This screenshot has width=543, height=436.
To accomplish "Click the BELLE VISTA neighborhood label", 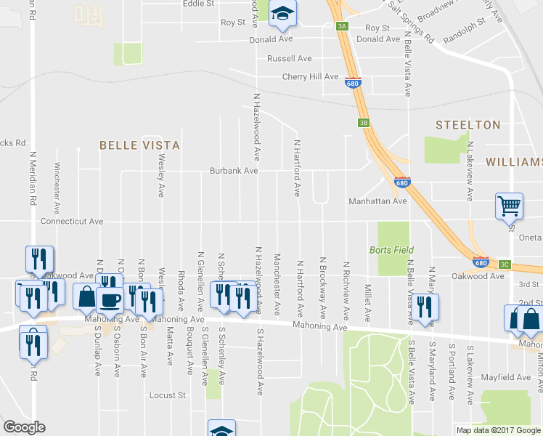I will tap(139, 145).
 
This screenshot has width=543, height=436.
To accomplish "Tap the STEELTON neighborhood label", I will tap(468, 125).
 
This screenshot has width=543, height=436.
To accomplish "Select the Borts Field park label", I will tap(391, 250).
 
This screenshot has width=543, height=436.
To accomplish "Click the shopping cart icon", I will tap(509, 206).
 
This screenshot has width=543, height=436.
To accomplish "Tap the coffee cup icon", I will tap(110, 299).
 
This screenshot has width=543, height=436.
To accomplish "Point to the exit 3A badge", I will tap(342, 27).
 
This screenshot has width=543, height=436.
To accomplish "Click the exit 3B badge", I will tap(364, 123).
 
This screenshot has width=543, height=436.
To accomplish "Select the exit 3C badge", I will tap(505, 264).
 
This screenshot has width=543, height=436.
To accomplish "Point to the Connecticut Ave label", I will tap(72, 221).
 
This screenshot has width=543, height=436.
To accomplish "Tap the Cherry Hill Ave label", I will tap(311, 76).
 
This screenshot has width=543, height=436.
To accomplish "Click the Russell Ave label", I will tap(289, 58).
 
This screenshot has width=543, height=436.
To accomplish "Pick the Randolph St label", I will tap(462, 41).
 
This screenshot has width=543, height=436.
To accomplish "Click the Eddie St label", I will tap(198, 4).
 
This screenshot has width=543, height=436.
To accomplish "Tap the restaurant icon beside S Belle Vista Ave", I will tap(425, 307).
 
